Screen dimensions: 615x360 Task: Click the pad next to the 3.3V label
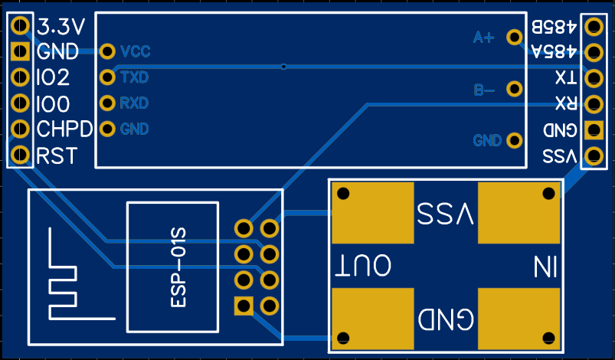coord(20,26)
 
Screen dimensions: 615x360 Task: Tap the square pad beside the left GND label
coord(20,51)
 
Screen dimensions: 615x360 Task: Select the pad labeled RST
coord(20,155)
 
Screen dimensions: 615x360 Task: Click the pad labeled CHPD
coord(20,129)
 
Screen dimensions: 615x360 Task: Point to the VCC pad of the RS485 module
coord(107,51)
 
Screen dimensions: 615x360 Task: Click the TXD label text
coord(135,77)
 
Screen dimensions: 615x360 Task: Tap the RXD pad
coord(107,103)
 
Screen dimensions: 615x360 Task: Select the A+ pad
coord(514,38)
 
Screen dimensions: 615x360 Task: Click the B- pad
coord(514,89)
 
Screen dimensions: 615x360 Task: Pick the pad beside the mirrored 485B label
coord(594,27)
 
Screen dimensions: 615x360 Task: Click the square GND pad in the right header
coord(594,130)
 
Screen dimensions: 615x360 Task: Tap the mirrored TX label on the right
coord(566,78)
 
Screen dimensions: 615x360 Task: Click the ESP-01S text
coord(178,268)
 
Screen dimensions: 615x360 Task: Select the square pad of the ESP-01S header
coord(244,306)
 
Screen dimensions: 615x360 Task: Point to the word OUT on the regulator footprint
coord(363,266)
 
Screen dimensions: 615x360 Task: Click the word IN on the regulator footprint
coord(545,267)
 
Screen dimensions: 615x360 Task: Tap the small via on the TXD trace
coord(283,67)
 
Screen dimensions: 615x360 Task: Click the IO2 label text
coord(53,77)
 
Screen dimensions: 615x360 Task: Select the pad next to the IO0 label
coord(20,103)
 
